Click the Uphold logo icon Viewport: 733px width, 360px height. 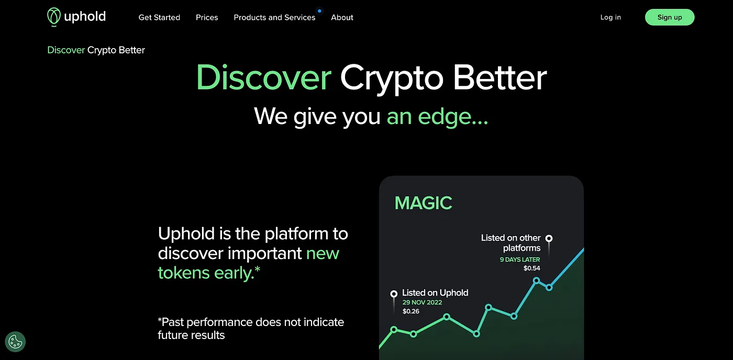point(53,17)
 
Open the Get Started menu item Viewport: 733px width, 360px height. point(159,17)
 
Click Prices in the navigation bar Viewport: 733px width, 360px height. point(207,17)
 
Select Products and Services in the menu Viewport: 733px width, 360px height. point(274,17)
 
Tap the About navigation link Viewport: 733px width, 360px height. point(342,17)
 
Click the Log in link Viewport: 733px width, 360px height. point(610,17)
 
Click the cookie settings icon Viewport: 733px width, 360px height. point(15,342)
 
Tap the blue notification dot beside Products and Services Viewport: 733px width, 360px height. point(320,11)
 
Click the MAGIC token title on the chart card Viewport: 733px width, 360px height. point(423,203)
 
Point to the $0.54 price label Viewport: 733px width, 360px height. point(532,268)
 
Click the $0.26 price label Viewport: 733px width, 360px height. point(410,311)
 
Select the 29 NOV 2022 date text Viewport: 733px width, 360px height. point(422,302)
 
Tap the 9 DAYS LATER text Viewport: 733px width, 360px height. point(520,260)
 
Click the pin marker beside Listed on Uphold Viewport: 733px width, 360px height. point(394,294)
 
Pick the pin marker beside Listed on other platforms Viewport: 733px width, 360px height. point(549,239)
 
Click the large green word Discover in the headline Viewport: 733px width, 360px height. point(264,77)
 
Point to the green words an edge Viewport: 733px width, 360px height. point(437,116)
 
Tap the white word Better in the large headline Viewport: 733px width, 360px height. point(499,77)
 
